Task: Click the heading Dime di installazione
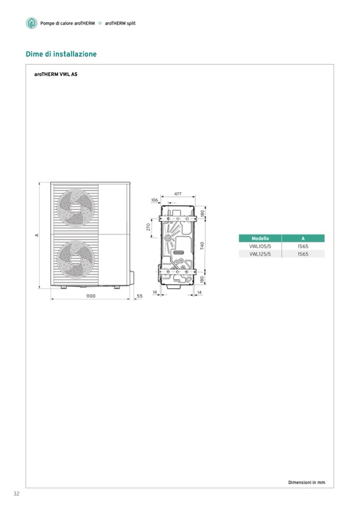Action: pos(61,54)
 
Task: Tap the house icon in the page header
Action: pos(31,23)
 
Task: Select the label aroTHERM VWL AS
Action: pos(56,74)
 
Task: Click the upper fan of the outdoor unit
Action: pos(75,208)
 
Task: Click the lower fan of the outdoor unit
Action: pos(75,260)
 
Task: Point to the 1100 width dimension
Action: pos(91,296)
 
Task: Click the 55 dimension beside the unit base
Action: pos(140,296)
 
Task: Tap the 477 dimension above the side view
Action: pos(177,194)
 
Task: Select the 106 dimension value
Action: pos(155,200)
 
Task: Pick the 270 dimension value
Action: pos(148,227)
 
